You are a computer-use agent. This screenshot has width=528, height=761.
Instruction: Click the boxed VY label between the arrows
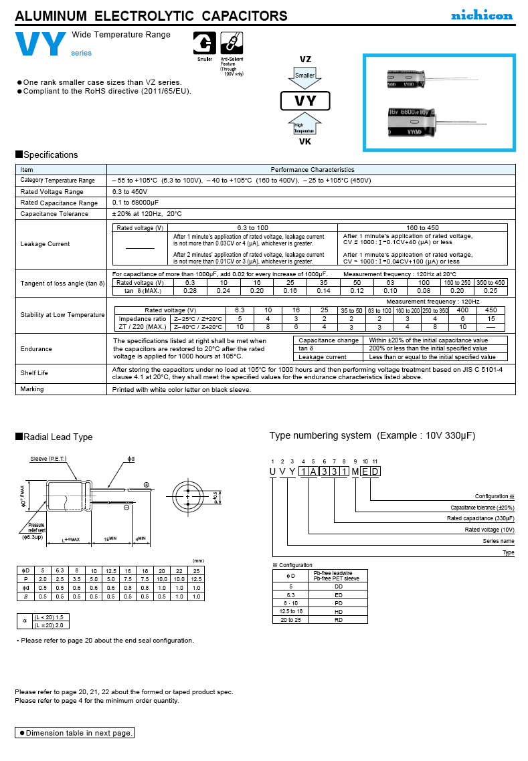coord(305,102)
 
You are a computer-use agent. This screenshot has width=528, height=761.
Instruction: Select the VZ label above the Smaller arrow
coord(305,60)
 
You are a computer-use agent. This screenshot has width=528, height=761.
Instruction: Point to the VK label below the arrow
coord(305,141)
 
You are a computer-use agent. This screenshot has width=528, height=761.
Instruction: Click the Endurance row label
coord(36,348)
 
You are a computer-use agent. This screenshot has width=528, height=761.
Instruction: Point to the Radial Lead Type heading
coord(58,437)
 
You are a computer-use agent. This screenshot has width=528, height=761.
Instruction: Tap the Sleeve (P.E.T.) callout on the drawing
coord(53,459)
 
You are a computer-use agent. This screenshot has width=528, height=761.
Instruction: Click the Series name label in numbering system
coord(498,541)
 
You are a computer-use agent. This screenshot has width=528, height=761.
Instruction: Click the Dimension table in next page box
coord(75,733)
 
